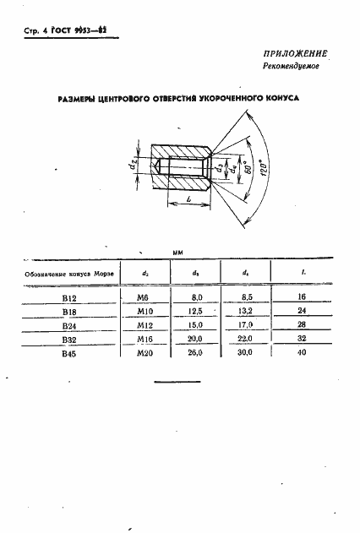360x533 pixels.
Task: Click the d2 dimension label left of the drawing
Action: click(134, 164)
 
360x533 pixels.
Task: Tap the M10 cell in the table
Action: click(145, 311)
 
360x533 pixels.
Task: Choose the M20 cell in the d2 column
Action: click(145, 353)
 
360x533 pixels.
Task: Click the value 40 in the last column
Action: click(302, 353)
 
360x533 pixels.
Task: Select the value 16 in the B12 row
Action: click(302, 297)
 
